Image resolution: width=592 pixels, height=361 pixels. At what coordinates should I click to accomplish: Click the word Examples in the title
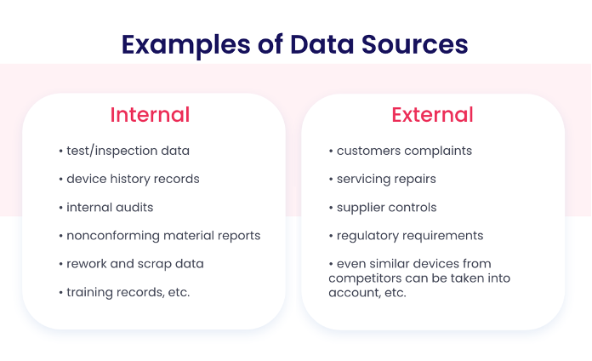click(185, 45)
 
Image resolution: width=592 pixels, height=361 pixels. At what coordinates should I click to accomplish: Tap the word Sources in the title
click(414, 44)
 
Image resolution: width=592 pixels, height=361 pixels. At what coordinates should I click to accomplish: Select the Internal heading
click(150, 115)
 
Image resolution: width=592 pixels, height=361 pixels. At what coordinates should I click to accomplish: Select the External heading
click(432, 115)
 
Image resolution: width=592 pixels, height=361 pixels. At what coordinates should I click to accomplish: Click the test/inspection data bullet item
click(124, 151)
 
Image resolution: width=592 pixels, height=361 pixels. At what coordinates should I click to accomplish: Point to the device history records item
click(129, 179)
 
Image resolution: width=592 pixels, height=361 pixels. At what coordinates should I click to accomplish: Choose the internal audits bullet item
click(106, 207)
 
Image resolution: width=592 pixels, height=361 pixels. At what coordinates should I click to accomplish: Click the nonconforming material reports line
click(160, 236)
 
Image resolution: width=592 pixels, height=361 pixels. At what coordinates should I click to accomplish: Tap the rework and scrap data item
click(131, 264)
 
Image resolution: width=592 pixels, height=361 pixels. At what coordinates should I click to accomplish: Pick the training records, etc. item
click(124, 292)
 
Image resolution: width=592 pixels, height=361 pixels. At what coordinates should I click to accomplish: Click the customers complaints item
click(401, 151)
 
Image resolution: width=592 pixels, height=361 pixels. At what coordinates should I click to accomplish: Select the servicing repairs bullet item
click(383, 179)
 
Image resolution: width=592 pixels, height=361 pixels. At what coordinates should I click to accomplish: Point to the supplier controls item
click(383, 208)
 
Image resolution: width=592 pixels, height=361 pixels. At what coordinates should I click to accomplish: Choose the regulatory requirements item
click(407, 236)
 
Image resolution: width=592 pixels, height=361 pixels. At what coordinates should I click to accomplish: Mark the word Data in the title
click(322, 44)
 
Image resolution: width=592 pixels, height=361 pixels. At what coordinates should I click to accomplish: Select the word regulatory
click(367, 236)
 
